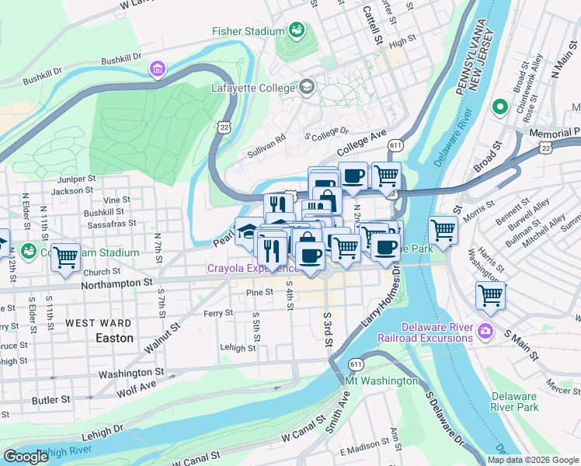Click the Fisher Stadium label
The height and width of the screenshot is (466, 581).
point(248,31)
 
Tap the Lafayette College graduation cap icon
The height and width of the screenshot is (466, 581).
point(308,87)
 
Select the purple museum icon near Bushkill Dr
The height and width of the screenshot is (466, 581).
point(158,70)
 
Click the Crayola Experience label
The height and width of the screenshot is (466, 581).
point(250,269)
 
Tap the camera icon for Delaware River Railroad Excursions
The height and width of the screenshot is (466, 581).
point(486,332)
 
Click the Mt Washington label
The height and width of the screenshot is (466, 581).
point(382,381)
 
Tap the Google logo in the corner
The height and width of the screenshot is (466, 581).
point(26,457)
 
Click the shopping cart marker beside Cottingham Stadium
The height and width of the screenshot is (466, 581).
point(66,257)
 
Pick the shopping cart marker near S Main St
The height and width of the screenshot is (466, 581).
point(490,294)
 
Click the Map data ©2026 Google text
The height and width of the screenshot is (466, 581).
point(532,460)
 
